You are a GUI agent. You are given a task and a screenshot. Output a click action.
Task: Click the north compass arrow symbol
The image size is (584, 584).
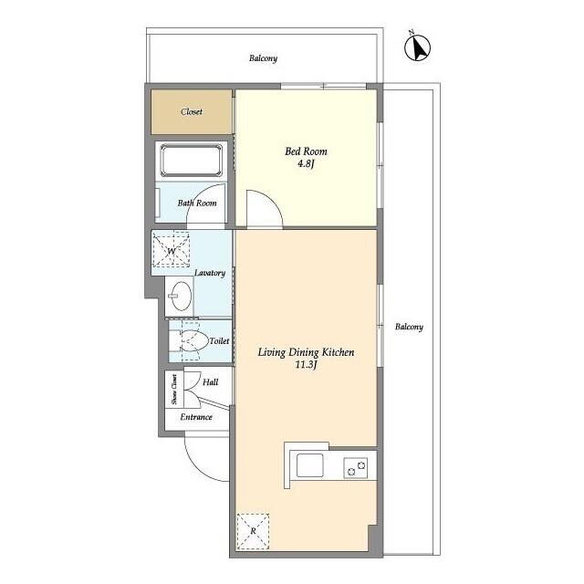tap(418, 47)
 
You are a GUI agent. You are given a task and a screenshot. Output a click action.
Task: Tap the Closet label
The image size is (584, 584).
tap(192, 111)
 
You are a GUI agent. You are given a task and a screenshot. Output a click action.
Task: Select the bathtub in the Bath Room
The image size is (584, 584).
tap(192, 161)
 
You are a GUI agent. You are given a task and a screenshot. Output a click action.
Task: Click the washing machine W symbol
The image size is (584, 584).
tap(171, 251)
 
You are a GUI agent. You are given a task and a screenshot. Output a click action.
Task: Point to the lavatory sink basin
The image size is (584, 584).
tap(180, 296)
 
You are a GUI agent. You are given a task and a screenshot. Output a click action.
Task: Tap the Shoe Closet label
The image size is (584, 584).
tap(174, 390)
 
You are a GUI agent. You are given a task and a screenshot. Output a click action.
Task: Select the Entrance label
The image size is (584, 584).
tap(196, 417)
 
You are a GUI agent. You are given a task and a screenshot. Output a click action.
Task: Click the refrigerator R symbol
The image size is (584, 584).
tap(254, 531)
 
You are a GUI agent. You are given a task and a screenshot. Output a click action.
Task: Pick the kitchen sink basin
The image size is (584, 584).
tap(310, 465)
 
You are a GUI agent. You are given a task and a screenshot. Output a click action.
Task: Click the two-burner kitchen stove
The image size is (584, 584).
tap(356, 468)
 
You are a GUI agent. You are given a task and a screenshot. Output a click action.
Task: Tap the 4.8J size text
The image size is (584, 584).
tap(306, 163)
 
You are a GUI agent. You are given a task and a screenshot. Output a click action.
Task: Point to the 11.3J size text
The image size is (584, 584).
tap(306, 365)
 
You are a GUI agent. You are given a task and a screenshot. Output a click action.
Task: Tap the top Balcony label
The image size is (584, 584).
tap(264, 58)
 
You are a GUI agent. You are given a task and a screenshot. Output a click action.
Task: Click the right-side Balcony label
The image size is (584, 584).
tap(409, 327)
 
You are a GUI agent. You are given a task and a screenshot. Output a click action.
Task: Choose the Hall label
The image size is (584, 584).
tap(211, 382)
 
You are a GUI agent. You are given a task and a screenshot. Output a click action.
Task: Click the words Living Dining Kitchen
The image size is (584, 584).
tap(307, 352)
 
